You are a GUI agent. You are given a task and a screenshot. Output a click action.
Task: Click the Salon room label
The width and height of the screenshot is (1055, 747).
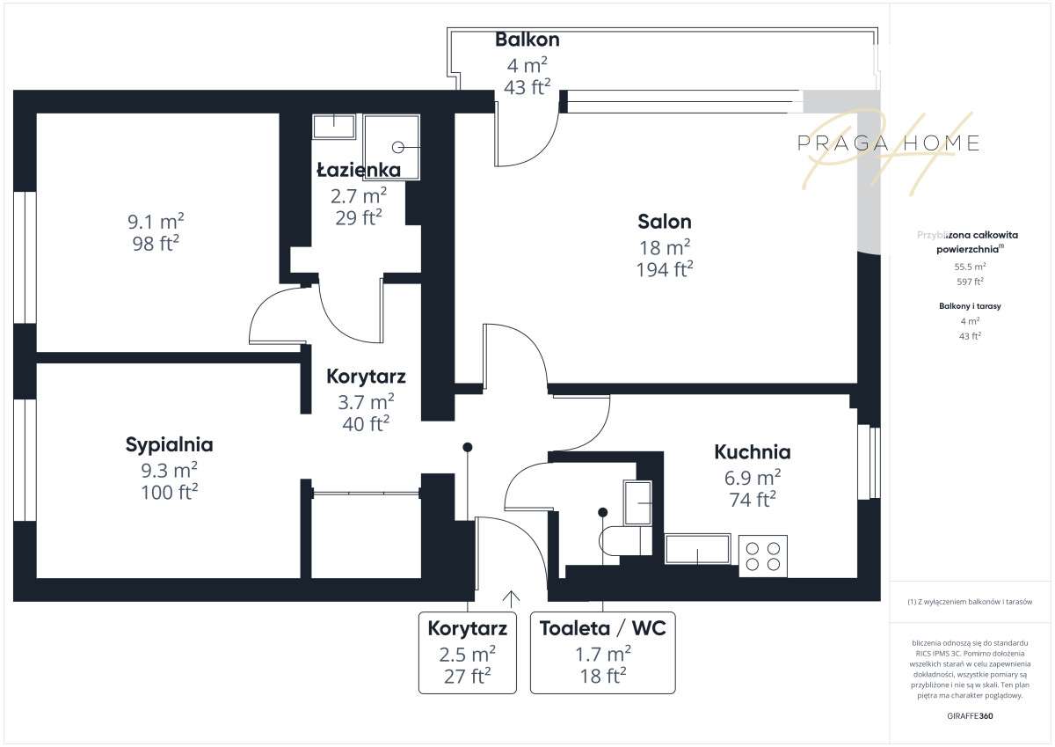[664, 222]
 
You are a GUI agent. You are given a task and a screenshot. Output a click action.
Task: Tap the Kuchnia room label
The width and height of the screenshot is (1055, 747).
[752, 452]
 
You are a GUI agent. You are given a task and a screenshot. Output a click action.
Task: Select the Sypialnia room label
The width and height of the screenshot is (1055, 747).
[169, 444]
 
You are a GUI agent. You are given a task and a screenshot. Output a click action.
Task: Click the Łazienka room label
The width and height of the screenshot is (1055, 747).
[359, 170]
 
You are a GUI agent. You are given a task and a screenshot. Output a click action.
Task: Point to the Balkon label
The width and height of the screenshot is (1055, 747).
[527, 40]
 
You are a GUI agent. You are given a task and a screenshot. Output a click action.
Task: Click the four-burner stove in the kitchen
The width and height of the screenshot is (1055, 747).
[762, 555]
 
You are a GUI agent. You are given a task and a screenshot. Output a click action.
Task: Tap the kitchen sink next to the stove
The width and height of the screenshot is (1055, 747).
[697, 549]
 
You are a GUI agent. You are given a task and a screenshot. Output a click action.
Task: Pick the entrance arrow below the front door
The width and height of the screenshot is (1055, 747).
[511, 598]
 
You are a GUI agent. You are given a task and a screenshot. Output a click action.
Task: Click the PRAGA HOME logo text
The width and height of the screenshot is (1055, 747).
[887, 143]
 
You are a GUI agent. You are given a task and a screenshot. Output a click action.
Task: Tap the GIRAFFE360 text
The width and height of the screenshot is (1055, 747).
[971, 715]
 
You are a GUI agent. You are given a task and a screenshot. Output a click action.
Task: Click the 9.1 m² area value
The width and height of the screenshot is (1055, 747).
[156, 222]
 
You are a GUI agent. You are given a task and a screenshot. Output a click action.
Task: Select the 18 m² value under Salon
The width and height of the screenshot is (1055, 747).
[664, 247]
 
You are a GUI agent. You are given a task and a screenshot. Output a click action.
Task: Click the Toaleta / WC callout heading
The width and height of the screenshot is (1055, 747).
[602, 628]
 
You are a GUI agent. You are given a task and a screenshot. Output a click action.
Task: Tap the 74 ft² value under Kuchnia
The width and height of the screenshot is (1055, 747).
[752, 500]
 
